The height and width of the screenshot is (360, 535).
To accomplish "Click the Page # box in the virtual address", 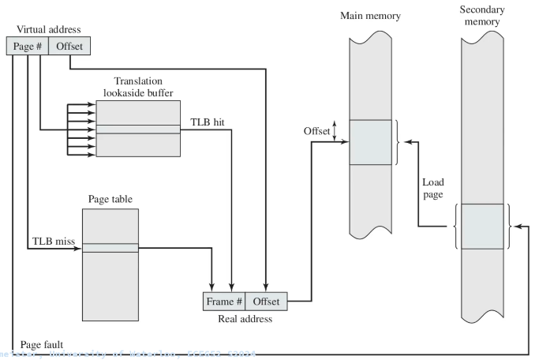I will tap(29, 47).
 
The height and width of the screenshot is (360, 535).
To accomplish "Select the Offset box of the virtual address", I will tap(69, 47).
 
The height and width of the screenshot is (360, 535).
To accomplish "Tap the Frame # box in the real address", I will tap(224, 302).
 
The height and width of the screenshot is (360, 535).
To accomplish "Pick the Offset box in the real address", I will tap(267, 302).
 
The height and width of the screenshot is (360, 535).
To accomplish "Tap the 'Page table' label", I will tap(109, 197).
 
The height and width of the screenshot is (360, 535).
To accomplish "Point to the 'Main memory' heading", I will tap(369, 16).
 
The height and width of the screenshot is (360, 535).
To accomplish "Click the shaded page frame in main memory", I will tap(369, 142).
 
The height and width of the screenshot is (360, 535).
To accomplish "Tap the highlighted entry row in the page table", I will tap(110, 248).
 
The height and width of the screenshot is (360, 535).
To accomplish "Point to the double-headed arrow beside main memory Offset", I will tap(336, 131).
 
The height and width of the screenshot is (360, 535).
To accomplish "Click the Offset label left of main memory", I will tap(317, 131).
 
